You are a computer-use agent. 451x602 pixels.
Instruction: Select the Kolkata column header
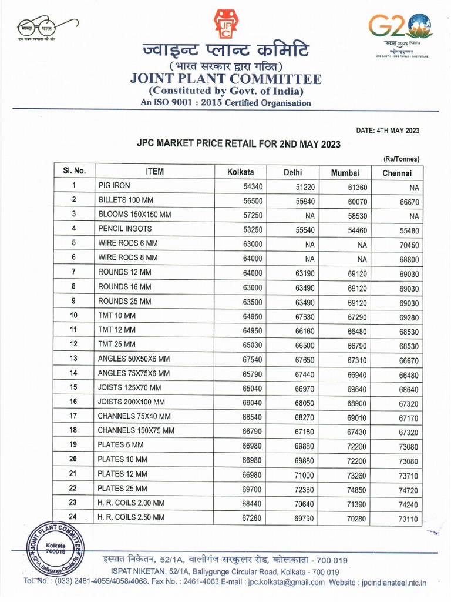[x=241, y=172]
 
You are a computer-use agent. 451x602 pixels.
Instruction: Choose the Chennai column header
[x=397, y=173]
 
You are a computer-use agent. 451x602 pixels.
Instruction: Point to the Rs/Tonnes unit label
[x=402, y=159]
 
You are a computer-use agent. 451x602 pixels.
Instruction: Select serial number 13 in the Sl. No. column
[x=74, y=359]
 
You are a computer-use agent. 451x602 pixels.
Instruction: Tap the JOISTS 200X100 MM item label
[x=132, y=402]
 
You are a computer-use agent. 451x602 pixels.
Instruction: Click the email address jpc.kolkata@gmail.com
[x=286, y=582]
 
